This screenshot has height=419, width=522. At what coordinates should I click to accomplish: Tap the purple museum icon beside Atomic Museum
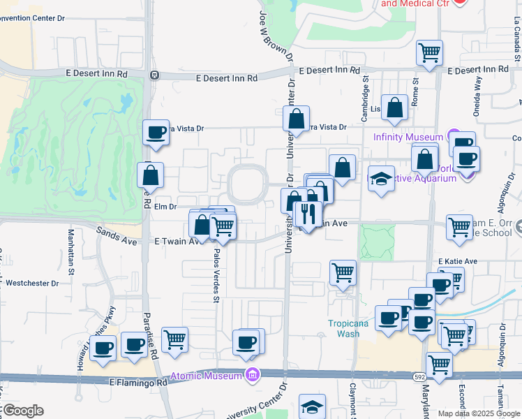pyautogui.click(x=251, y=376)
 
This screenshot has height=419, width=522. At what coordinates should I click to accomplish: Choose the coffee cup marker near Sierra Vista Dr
pyautogui.click(x=155, y=132)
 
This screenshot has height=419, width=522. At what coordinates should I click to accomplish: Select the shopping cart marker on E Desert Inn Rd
pyautogui.click(x=429, y=53)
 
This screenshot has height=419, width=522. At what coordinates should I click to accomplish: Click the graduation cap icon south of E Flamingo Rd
pyautogui.click(x=312, y=406)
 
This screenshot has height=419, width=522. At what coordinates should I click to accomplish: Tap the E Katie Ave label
pyautogui.click(x=457, y=262)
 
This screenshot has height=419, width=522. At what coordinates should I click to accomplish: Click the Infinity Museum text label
pyautogui.click(x=408, y=137)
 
